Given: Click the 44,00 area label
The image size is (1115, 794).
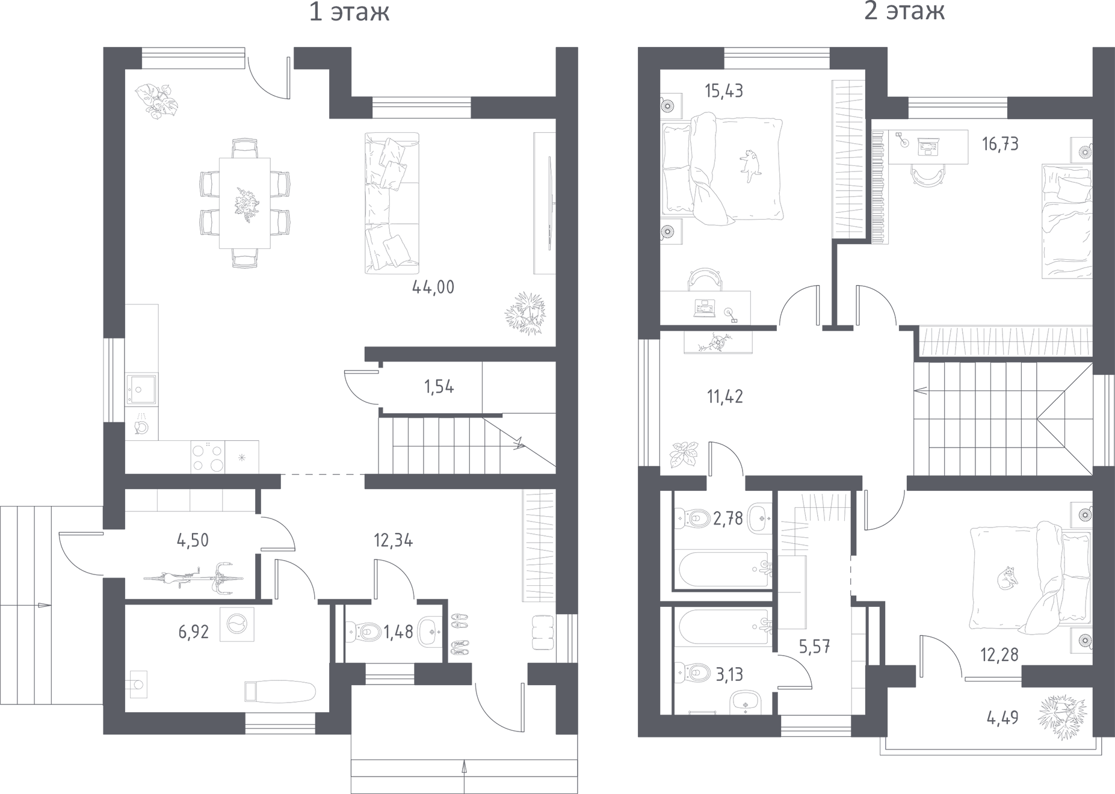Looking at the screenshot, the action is point(433,288).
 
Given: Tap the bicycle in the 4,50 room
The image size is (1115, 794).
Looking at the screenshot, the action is point(194,579).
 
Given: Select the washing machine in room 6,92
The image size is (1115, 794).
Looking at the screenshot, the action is point(237,624).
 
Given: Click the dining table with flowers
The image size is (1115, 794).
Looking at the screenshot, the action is point(244,203).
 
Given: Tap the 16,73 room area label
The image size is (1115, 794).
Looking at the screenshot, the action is point(1001,144).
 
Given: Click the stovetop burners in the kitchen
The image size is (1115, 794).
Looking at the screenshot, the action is point(208,457).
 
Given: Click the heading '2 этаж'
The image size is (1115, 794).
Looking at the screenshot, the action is point(904,11).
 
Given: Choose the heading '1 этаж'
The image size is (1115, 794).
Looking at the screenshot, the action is point(349,11).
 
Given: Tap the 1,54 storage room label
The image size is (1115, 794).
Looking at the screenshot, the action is point(439,387).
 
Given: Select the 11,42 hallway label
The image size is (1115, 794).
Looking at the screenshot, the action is point(724,396).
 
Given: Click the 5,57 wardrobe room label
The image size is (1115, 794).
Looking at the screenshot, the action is point(815,647).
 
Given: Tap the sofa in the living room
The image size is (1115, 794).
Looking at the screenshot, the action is point(392,202).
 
